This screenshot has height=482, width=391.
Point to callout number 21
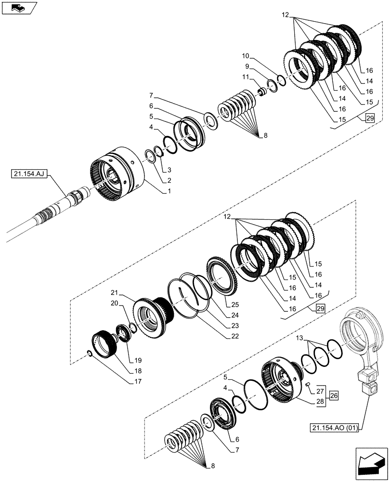point(114,293)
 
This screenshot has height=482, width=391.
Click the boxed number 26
point(335,396)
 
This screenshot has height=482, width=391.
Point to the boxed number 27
point(321,391)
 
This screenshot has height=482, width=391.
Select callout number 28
point(321,401)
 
